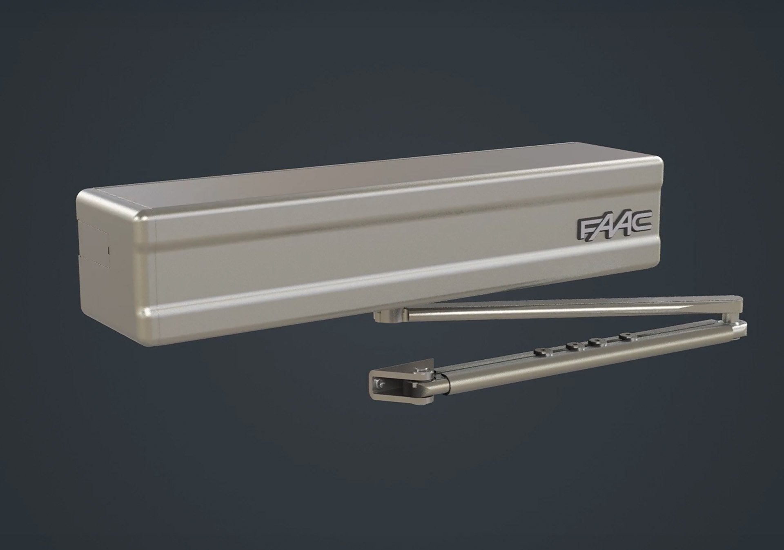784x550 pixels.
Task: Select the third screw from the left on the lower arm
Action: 597,341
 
